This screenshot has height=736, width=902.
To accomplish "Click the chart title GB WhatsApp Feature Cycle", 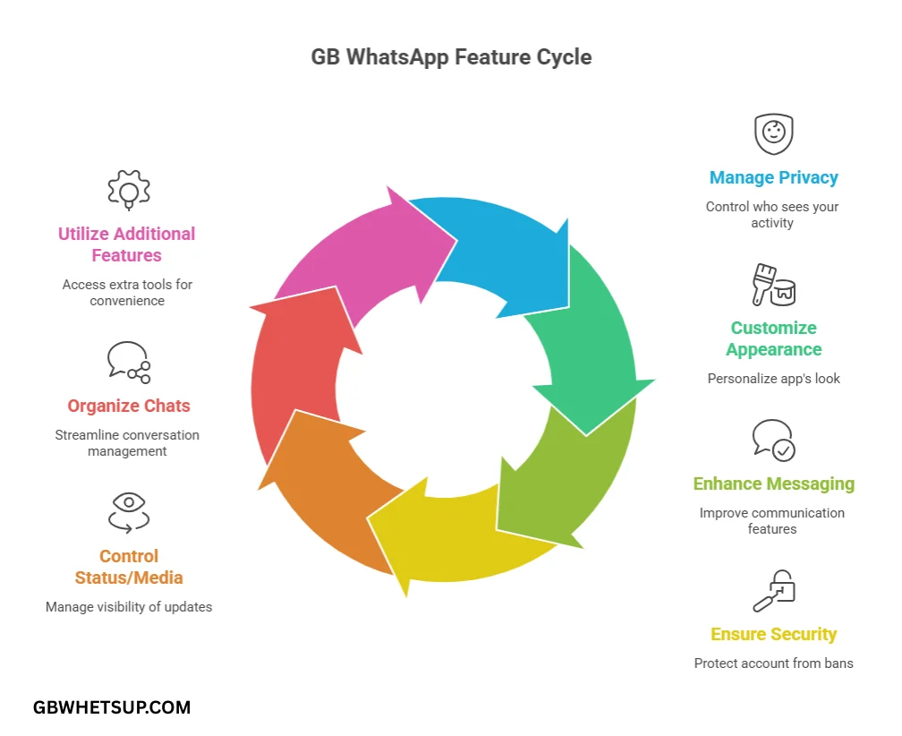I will tap(451, 57).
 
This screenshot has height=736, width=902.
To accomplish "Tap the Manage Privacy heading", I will tap(773, 177).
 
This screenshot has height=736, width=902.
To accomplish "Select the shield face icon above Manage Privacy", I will tap(773, 134).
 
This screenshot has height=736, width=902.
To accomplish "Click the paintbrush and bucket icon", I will tap(773, 286).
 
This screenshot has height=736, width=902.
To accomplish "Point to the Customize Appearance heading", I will tap(773, 338).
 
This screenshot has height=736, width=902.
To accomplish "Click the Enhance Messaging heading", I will tap(773, 484).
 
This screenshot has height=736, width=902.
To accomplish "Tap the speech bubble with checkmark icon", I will tap(773, 440).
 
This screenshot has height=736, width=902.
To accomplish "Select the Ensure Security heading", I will tap(773, 634).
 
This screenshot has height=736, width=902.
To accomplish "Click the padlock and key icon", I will tap(773, 591).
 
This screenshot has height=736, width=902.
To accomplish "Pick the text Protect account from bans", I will tap(773, 663).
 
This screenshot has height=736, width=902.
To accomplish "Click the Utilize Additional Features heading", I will tap(126, 244).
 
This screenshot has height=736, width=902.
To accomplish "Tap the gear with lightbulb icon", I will tap(126, 190).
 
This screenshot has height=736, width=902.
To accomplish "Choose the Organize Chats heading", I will tap(129, 406).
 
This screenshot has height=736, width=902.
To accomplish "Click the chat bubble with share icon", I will tap(128, 362).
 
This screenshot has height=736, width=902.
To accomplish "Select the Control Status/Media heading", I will tap(129, 567).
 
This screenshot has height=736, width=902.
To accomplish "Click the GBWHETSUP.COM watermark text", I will tap(112, 707).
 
